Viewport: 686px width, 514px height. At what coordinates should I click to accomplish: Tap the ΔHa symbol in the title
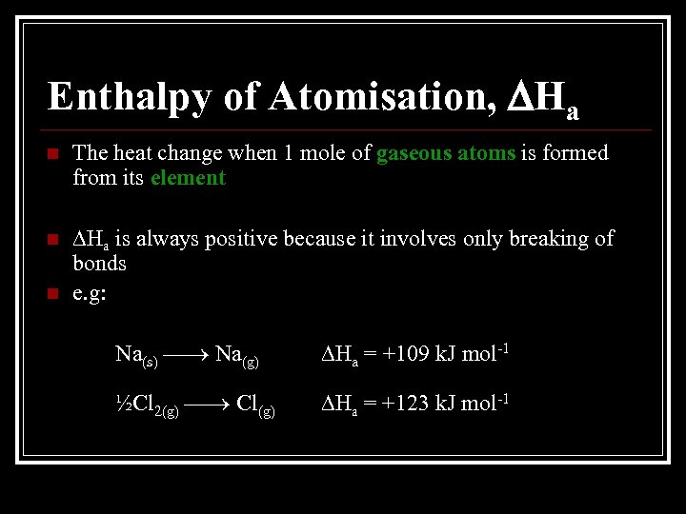[x=542, y=98]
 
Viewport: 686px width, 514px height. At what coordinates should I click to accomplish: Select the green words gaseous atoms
[x=446, y=153]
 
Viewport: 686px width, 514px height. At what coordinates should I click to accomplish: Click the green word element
[x=188, y=178]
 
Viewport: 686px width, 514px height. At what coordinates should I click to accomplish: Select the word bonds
[x=100, y=263]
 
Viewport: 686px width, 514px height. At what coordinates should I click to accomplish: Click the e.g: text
[x=91, y=292]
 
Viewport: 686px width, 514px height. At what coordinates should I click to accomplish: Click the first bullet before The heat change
[x=51, y=154]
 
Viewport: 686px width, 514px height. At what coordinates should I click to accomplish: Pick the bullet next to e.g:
[x=51, y=292]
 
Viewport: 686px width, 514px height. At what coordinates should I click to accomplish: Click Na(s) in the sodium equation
[x=136, y=356]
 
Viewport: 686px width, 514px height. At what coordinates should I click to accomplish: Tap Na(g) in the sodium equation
[x=237, y=356]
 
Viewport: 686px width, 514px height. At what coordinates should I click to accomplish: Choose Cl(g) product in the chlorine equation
[x=256, y=405]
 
